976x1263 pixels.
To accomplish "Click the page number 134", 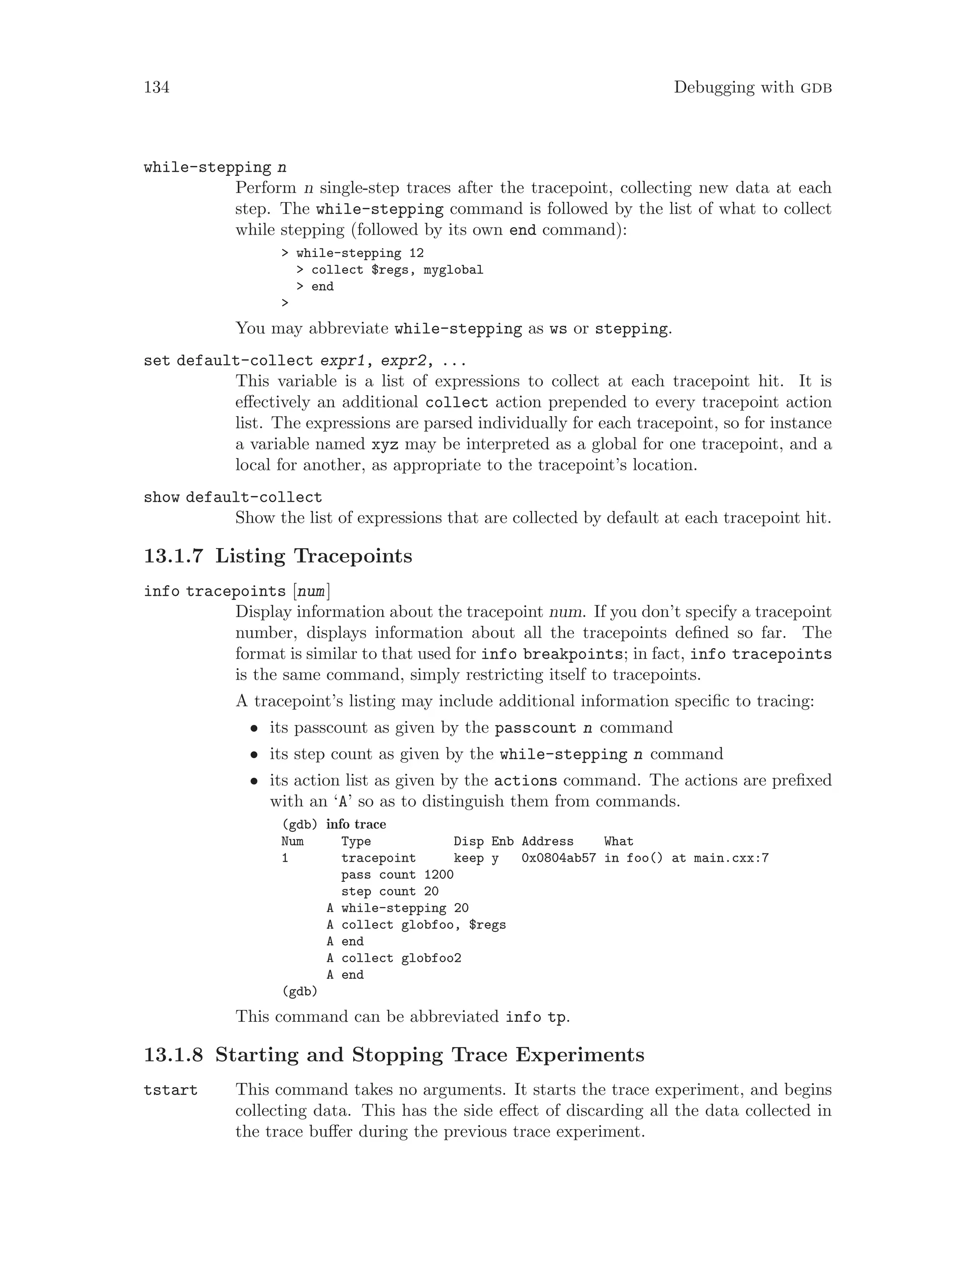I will [156, 87].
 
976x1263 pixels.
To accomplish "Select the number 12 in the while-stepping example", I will [417, 253].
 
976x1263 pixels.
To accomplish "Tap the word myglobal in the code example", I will [453, 270].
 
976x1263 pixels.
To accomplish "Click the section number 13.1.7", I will [173, 556].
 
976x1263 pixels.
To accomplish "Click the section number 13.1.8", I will [173, 1055].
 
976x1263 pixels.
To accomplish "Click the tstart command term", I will [171, 1090].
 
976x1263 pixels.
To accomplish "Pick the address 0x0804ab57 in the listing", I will [559, 858].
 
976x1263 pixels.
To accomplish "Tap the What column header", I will [619, 841].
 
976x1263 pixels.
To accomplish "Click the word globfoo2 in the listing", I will [431, 958].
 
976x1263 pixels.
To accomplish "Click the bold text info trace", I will [356, 825].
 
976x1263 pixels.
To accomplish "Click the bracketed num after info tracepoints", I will [311, 591].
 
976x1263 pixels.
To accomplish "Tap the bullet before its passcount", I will [253, 729].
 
